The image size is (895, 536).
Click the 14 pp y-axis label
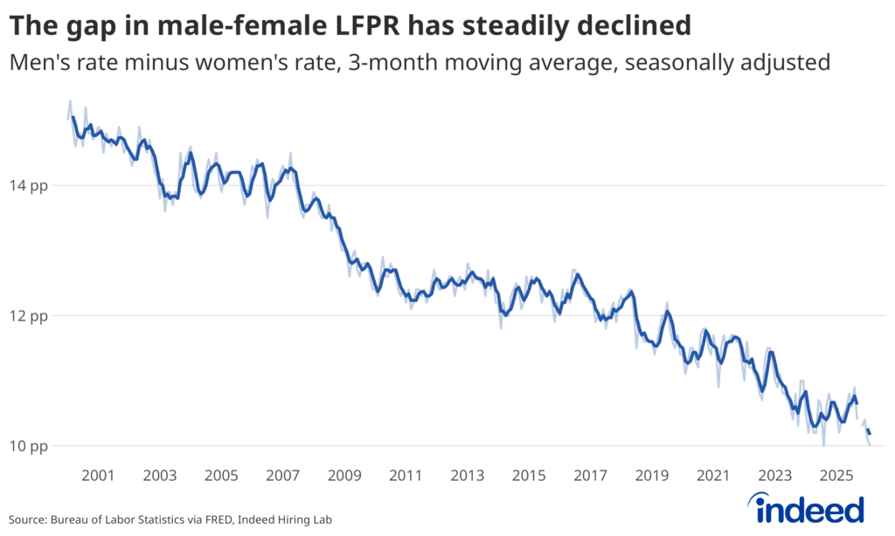point(31,185)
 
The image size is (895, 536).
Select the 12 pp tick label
point(31,315)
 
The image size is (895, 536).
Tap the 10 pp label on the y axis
point(31,445)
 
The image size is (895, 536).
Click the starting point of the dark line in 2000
point(73,117)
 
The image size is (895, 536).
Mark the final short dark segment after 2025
point(868,431)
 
